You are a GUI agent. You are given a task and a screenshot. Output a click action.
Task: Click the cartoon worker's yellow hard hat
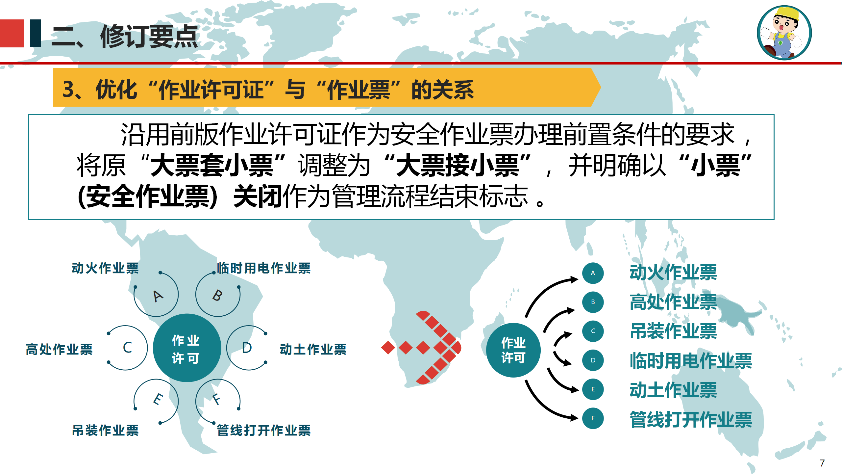[787, 14]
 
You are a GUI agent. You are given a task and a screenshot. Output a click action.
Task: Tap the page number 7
[822, 463]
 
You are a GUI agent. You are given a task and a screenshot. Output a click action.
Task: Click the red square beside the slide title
[12, 34]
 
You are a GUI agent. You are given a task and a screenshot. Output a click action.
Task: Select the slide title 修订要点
[149, 36]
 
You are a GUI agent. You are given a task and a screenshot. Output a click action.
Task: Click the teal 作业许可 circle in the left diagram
[187, 348]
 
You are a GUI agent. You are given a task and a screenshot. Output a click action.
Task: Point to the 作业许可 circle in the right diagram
[513, 350]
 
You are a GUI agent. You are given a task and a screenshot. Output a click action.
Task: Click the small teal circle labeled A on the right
[593, 273]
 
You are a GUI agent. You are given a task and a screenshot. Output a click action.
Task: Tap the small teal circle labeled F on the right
[593, 418]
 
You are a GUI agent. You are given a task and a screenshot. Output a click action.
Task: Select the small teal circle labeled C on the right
[593, 331]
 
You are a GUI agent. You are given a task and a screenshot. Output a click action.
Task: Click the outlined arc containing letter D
[227, 348]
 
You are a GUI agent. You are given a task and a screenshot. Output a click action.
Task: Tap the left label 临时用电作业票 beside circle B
[264, 268]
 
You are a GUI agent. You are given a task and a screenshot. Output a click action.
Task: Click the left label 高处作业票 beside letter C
[59, 349]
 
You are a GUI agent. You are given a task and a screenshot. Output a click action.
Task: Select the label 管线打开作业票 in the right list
[691, 420]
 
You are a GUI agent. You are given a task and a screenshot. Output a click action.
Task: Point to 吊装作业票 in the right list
[673, 331]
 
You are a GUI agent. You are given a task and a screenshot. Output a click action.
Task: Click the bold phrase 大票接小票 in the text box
[458, 165]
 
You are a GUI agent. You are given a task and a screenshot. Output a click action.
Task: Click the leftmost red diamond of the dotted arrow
[388, 348]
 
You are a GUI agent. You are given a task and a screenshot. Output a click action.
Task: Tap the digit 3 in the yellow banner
[68, 89]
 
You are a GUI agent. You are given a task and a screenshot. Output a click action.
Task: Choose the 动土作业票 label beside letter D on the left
[313, 349]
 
